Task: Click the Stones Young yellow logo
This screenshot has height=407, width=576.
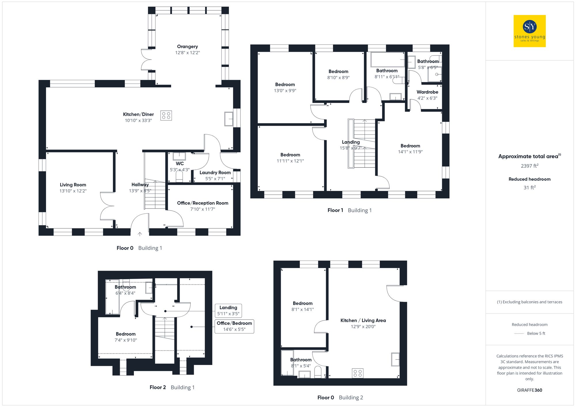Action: [529, 31]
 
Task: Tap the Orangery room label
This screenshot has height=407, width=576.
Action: [187, 47]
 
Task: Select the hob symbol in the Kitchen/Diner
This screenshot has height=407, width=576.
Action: [166, 115]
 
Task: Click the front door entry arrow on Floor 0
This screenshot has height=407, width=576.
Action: [140, 234]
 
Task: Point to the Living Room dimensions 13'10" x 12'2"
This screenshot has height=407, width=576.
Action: [73, 191]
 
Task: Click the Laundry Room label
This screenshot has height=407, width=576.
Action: [215, 173]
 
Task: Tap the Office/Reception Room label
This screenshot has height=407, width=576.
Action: [202, 203]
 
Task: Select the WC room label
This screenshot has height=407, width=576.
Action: [180, 163]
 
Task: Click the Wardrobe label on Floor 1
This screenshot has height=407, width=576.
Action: [427, 92]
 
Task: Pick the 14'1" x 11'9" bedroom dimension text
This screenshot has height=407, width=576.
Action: [410, 152]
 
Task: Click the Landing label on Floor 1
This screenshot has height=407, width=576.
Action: [350, 142]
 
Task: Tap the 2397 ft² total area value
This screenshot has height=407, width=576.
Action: [529, 166]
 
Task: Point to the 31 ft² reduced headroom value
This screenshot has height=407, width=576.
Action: [529, 188]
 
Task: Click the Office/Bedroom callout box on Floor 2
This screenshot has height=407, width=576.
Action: [234, 326]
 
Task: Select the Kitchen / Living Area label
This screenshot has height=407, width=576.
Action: [363, 320]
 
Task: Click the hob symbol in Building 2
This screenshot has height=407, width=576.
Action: [357, 373]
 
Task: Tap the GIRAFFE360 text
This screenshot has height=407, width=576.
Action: [529, 390]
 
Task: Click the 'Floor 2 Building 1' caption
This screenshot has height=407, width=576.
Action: [172, 387]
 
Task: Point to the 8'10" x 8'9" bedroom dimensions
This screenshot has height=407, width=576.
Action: [338, 78]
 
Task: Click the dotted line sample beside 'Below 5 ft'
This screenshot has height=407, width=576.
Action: [519, 334]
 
